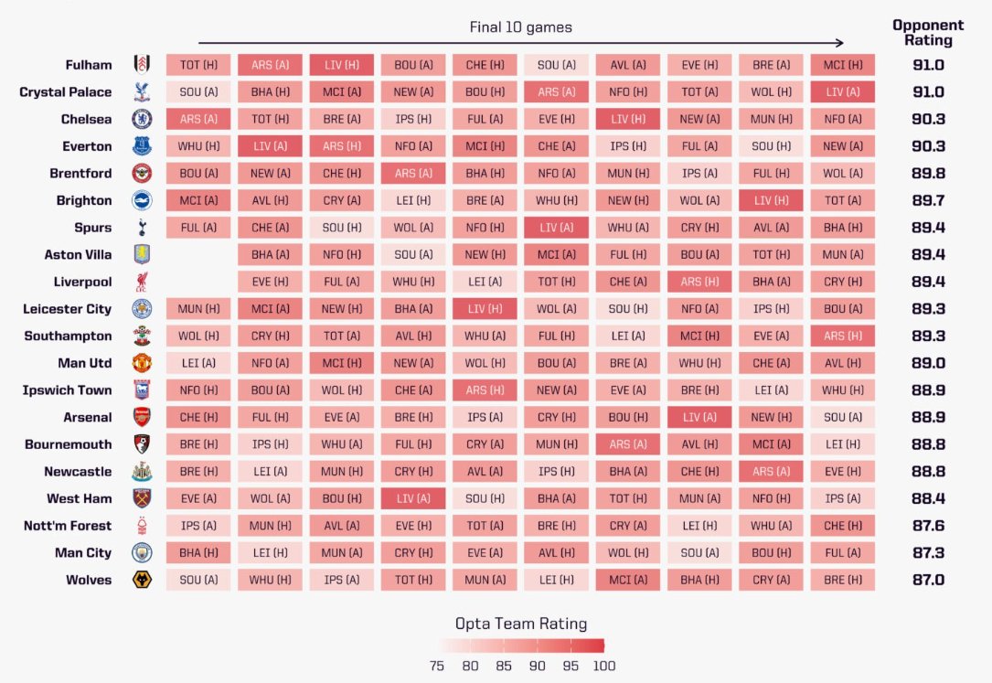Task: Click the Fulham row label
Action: point(89,65)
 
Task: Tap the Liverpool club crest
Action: point(142,282)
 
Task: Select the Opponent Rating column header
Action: point(928,33)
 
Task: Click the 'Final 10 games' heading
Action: point(520,27)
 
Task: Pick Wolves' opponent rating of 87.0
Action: point(928,580)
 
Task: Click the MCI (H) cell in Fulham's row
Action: point(842,65)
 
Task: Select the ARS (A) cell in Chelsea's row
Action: point(198,119)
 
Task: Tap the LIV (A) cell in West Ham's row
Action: point(413,498)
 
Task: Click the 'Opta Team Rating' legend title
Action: point(521,624)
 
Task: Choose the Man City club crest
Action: point(142,552)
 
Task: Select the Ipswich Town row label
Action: point(67,390)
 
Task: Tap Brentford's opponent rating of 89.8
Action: point(928,173)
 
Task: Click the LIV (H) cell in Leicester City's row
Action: point(485,309)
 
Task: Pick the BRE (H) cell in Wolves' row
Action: point(842,580)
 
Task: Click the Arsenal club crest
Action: point(142,417)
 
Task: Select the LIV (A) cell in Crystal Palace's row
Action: point(842,92)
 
